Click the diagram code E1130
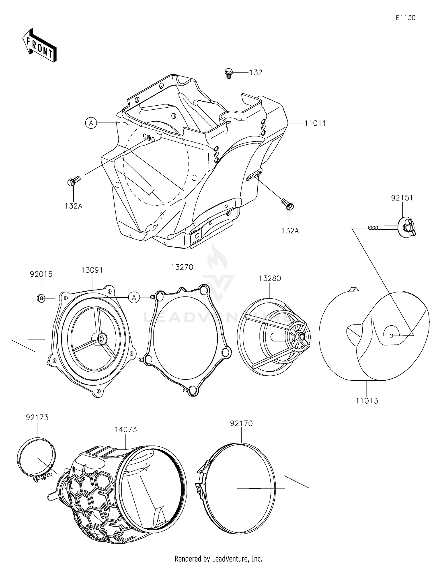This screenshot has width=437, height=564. (x=405, y=18)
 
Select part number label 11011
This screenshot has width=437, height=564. (x=315, y=123)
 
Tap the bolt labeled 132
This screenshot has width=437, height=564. (x=229, y=73)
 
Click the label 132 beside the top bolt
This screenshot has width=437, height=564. (x=255, y=72)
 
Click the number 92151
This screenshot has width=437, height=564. (x=402, y=198)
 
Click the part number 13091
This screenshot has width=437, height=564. (x=92, y=270)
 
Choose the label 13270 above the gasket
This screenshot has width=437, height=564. (x=182, y=267)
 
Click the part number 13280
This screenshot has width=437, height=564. (x=270, y=279)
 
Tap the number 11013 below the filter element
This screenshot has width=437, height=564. (x=366, y=401)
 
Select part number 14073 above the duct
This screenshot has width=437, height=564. (x=126, y=430)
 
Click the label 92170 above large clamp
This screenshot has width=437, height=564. (x=241, y=423)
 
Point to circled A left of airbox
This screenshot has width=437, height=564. (x=91, y=123)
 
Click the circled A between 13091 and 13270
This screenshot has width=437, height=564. (x=134, y=298)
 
